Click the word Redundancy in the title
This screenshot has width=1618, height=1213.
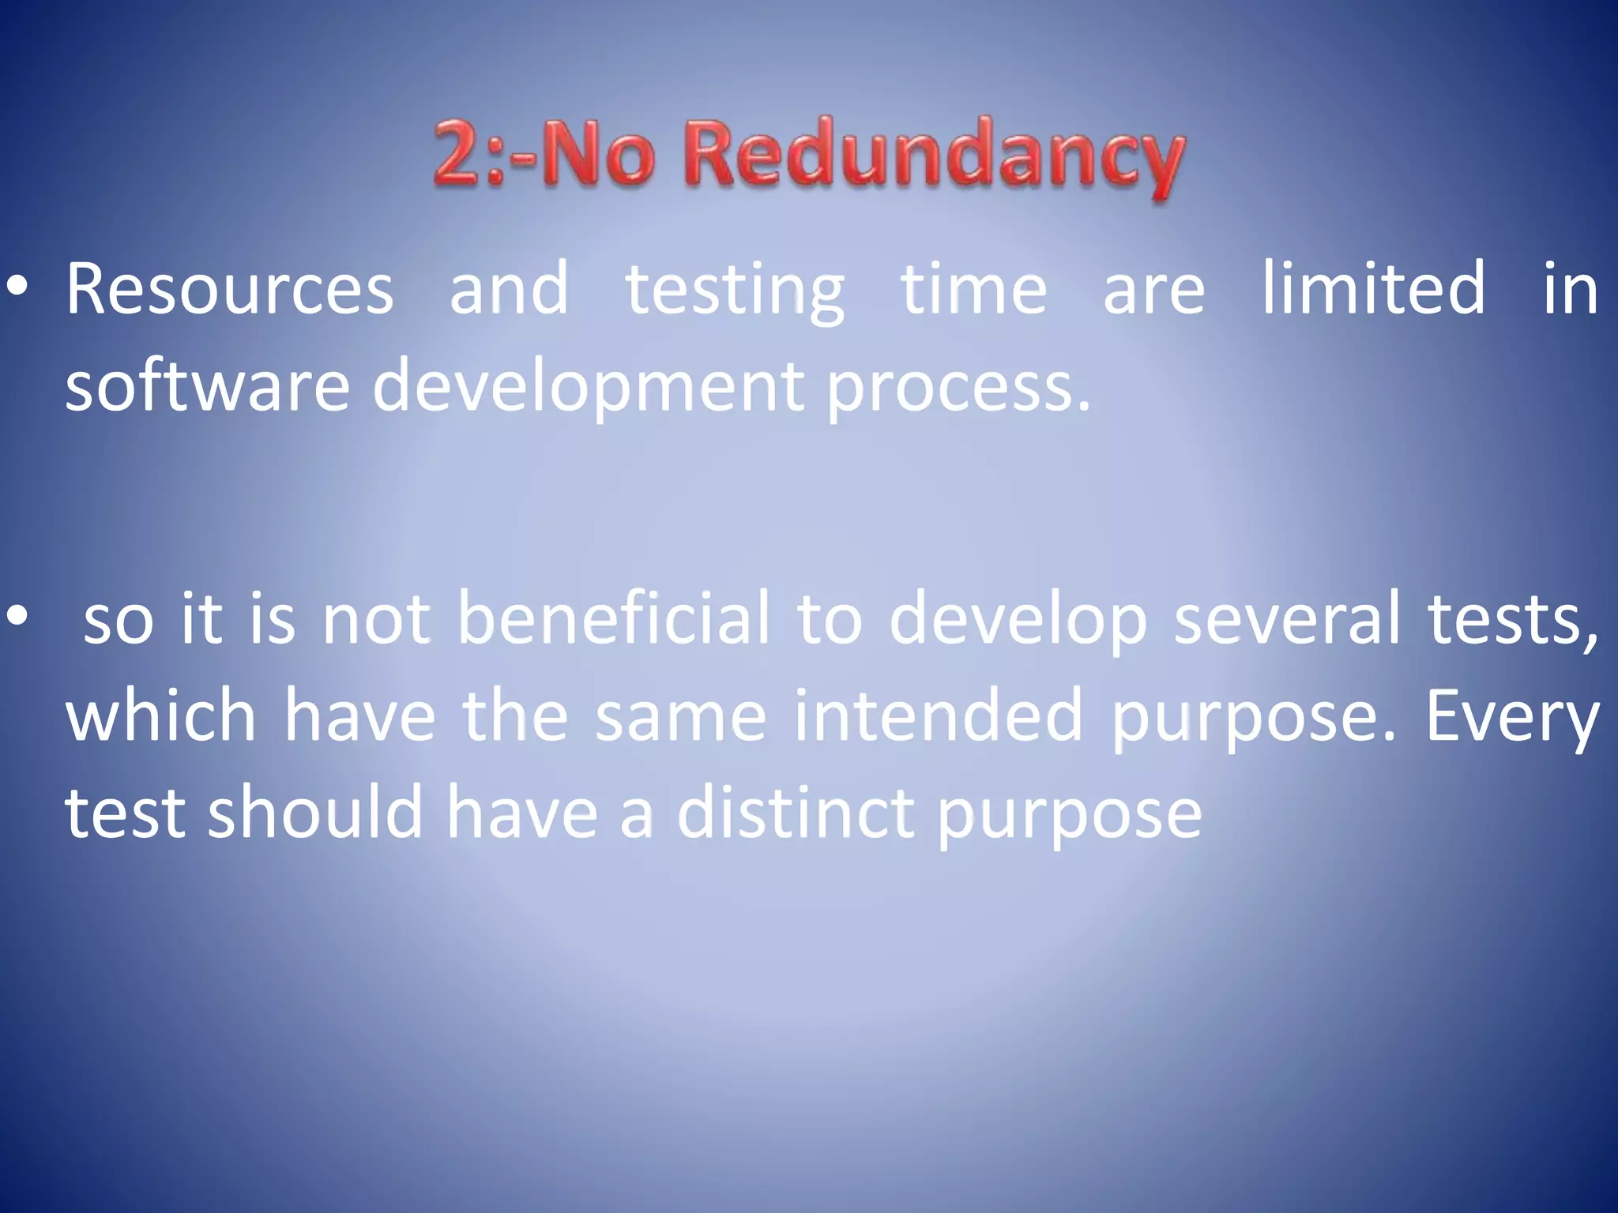click(934, 155)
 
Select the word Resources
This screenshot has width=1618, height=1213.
click(229, 289)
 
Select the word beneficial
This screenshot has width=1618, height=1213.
click(613, 618)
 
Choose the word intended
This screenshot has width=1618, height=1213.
click(938, 715)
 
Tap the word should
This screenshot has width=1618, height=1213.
click(315, 813)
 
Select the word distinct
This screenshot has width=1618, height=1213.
click(796, 813)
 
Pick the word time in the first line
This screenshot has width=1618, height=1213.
click(973, 289)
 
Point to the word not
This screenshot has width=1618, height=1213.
click(376, 618)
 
